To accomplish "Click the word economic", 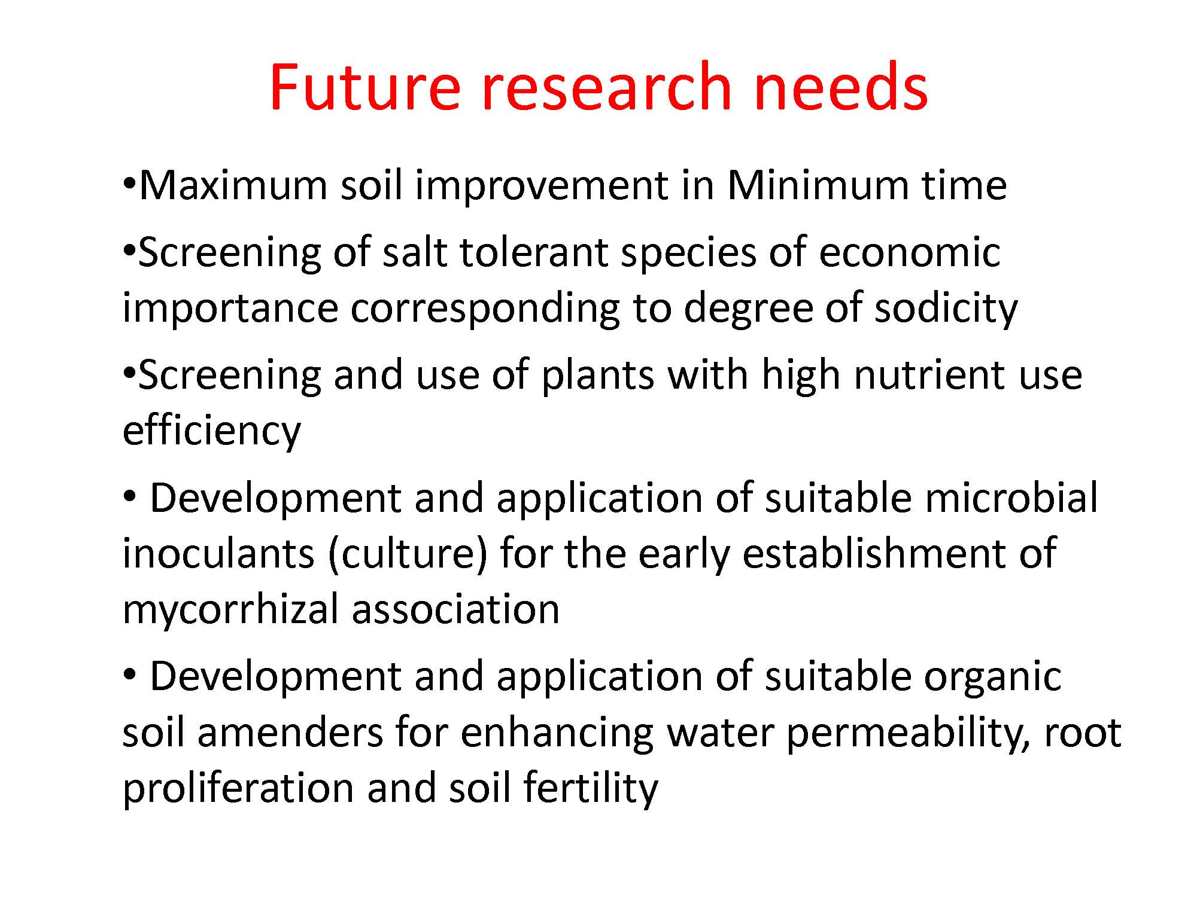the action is [x=910, y=252].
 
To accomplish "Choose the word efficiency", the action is [x=211, y=431].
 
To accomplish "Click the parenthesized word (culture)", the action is [x=408, y=555].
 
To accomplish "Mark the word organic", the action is [x=994, y=678].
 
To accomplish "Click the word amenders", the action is [x=290, y=734].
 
